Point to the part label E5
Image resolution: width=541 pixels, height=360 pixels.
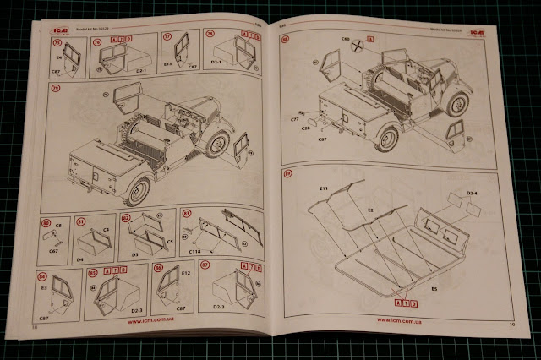[x=434, y=288]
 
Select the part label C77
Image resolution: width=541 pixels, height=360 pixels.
[x=296, y=120]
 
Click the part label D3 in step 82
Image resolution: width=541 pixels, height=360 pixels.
[x=134, y=252]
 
